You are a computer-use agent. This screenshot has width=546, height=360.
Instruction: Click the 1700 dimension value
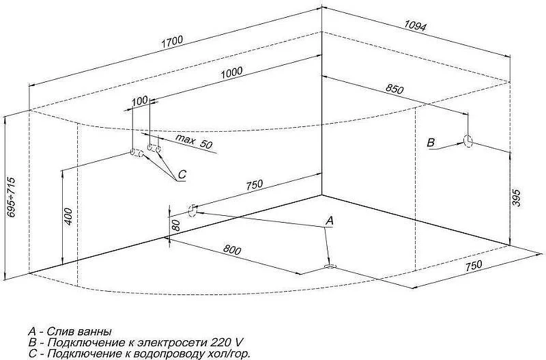point(172,42)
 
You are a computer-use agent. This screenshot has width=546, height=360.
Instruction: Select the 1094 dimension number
point(415,25)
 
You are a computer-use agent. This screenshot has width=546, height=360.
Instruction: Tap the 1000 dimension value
point(231,72)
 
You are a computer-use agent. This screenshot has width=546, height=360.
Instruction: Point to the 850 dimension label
point(394,89)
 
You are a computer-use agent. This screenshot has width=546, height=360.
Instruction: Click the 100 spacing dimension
point(140,100)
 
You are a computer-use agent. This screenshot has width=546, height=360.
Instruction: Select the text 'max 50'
point(193,141)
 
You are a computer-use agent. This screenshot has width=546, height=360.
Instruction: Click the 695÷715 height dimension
point(12,197)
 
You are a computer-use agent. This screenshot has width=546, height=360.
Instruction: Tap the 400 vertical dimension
point(68,217)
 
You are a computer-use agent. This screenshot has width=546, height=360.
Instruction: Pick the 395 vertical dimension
point(517,198)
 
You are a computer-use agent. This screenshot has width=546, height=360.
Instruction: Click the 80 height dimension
point(176,226)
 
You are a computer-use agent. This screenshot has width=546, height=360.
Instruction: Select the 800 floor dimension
point(232,249)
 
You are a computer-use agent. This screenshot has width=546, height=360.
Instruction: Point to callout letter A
point(330,220)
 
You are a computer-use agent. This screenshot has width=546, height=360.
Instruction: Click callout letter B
point(431,143)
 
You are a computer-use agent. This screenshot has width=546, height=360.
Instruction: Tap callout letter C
point(182,174)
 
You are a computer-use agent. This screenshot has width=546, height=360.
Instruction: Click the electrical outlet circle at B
point(468,141)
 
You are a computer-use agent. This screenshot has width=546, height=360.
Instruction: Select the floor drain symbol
point(330,266)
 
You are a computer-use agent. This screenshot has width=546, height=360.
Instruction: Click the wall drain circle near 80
point(192,210)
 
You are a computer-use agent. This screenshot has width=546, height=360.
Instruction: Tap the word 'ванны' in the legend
point(94,331)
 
